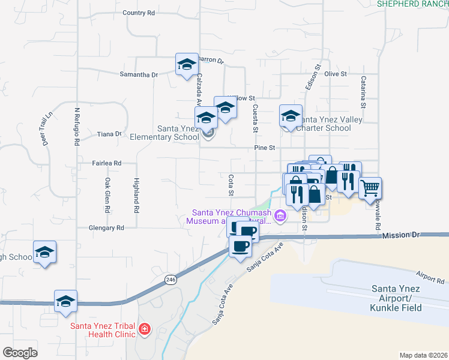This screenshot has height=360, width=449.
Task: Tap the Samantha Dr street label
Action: pyautogui.click(x=139, y=74)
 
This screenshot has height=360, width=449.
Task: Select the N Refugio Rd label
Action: pyautogui.click(x=77, y=127)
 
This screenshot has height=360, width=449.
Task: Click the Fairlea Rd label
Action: pyautogui.click(x=107, y=163)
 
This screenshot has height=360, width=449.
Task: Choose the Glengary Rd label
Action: pyautogui.click(x=106, y=228)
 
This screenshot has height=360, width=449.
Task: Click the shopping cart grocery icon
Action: pyautogui.click(x=370, y=188)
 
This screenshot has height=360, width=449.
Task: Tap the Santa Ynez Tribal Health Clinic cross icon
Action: pyautogui.click(x=144, y=329)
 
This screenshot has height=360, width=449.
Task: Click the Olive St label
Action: pyautogui.click(x=336, y=74)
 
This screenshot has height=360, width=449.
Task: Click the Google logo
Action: pyautogui.click(x=20, y=353)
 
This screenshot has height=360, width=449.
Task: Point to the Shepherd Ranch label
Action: pyautogui.click(x=413, y=4)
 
